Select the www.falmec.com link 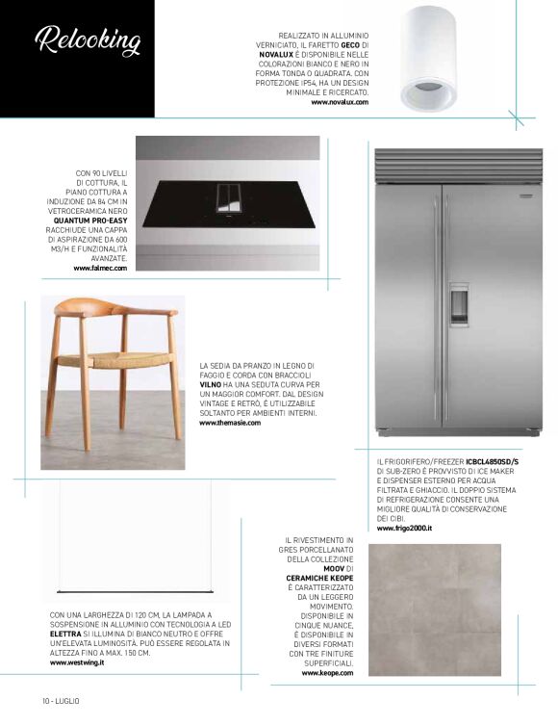pyautogui.click(x=100, y=268)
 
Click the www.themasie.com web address pyautogui.click(x=230, y=423)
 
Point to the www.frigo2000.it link pyautogui.click(x=404, y=529)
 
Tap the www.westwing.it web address pyautogui.click(x=77, y=662)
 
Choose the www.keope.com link pyautogui.click(x=328, y=673)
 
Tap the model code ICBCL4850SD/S pyautogui.click(x=493, y=462)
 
